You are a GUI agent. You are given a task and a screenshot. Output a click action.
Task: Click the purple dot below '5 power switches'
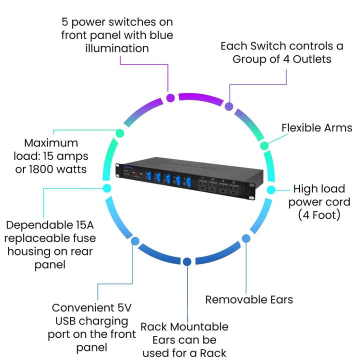click(x=170, y=97)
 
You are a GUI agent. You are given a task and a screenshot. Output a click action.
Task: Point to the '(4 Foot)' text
click(x=319, y=215)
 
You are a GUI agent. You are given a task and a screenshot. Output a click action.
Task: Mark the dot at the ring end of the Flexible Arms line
click(x=264, y=145)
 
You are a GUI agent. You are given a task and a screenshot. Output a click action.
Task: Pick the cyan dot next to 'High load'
click(x=271, y=190)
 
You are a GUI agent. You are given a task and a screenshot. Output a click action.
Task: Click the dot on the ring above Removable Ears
click(x=246, y=239)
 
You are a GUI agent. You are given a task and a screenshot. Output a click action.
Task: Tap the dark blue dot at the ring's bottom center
click(x=187, y=261)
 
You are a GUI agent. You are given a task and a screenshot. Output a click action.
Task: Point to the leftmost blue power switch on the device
click(x=148, y=175)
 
